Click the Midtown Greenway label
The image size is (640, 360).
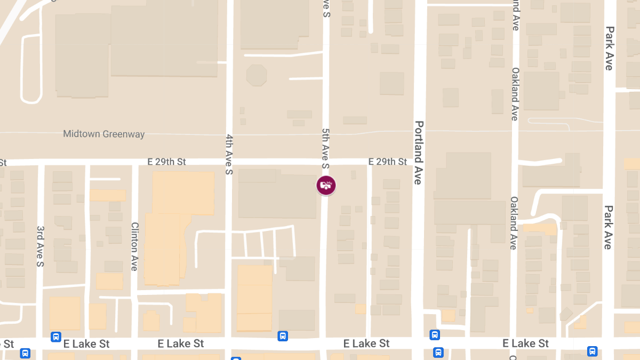coord(104,134)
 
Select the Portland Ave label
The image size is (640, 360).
coord(419,153)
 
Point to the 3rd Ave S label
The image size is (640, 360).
coord(40,246)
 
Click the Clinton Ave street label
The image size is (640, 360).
coord(134,246)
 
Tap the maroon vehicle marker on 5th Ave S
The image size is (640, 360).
coord(326,186)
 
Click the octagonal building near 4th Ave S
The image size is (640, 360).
coord(257,75)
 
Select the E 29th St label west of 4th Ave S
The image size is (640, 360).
coord(167,162)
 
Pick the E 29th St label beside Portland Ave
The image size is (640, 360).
coord(388,162)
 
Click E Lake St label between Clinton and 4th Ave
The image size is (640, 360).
coord(181,343)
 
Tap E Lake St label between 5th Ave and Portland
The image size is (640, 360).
coord(366,343)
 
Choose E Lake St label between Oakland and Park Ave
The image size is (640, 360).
coord(525,343)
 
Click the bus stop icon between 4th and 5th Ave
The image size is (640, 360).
coord(283,336)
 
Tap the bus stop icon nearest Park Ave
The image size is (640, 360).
coord(592,351)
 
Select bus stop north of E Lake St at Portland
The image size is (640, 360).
coord(435,335)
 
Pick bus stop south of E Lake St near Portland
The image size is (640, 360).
coord(438,352)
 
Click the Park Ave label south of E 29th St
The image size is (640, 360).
coord(608,227)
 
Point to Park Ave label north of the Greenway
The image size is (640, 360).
coord(609,48)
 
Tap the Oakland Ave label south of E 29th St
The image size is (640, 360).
coord(514,223)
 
